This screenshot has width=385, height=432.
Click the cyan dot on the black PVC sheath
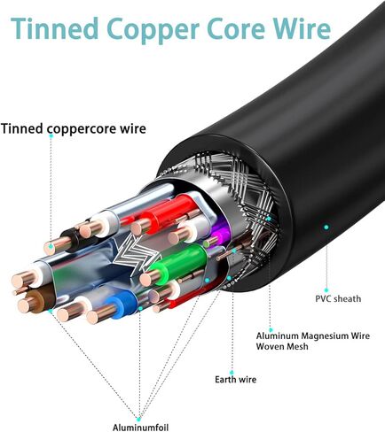point(326,228)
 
